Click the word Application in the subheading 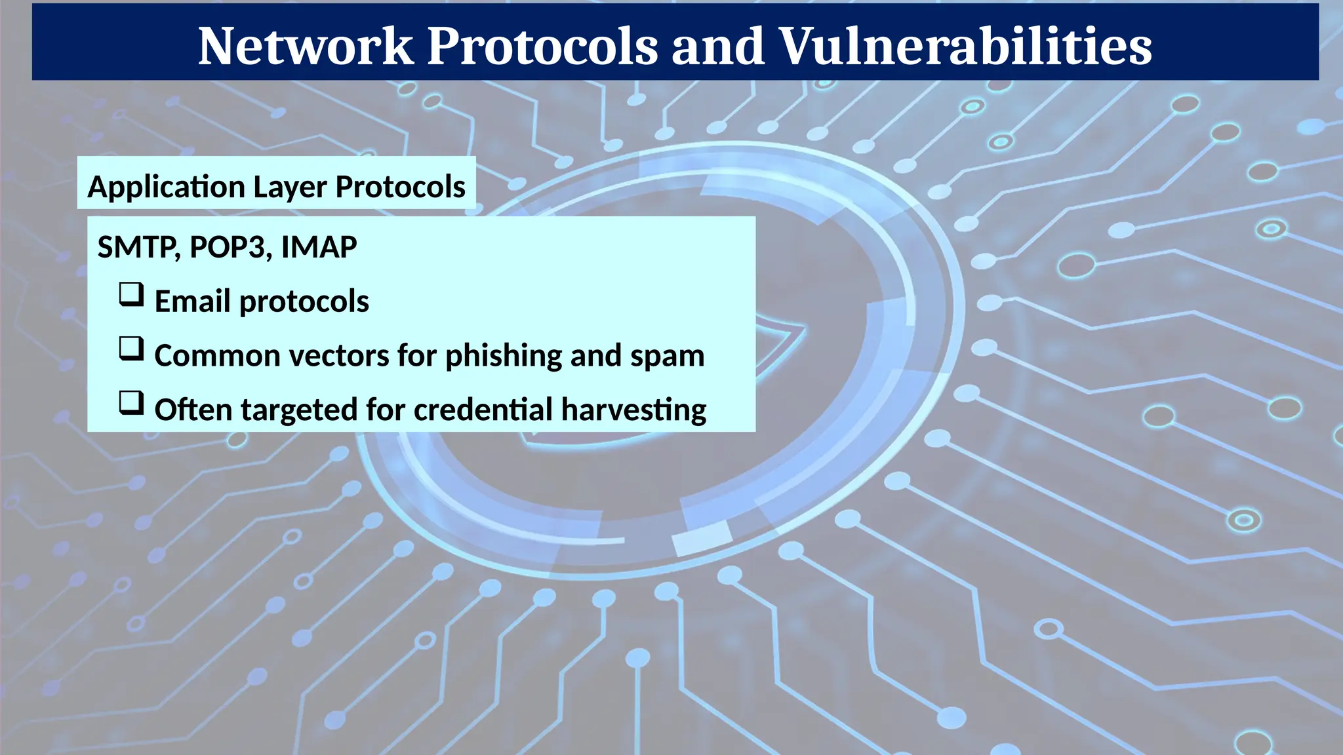click(166, 187)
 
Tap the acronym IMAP click(319, 248)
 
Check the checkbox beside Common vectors click(131, 349)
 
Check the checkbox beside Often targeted click(131, 403)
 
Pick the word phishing click(504, 357)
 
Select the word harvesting click(633, 410)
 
